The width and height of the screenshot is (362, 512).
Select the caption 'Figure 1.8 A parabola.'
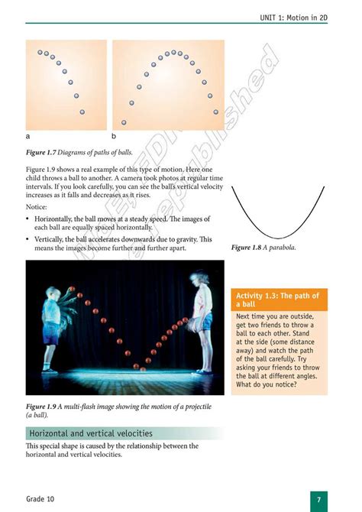click(263, 248)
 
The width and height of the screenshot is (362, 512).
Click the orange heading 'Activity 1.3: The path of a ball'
click(278, 300)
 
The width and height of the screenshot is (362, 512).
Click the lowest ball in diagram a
click(82, 112)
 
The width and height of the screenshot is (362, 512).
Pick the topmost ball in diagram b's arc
click(174, 53)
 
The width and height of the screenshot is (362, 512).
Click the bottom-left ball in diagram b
click(124, 122)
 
